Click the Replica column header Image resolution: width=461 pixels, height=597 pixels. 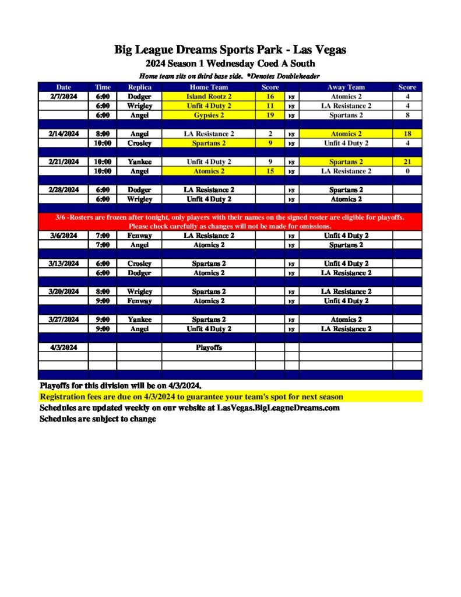[x=139, y=87]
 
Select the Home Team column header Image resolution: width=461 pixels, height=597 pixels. [x=209, y=87]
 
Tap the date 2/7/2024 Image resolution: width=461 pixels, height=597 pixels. [x=63, y=97]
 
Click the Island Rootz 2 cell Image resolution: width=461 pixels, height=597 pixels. [x=209, y=97]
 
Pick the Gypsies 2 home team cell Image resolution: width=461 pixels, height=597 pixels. [x=209, y=115]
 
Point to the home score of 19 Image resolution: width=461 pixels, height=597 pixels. [x=270, y=115]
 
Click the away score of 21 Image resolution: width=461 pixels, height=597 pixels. [x=407, y=162]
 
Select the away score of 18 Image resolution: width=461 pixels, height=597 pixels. [x=407, y=134]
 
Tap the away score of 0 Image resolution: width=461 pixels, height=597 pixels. [x=407, y=171]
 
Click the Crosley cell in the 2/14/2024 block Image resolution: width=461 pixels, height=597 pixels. [x=139, y=143]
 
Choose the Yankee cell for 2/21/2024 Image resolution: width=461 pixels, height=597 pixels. [x=139, y=162]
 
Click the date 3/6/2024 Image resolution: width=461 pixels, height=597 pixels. [x=63, y=236]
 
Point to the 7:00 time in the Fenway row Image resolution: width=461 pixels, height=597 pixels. [x=103, y=236]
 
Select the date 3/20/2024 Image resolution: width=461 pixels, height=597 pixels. [x=63, y=292]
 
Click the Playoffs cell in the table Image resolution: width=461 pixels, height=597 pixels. [x=209, y=347]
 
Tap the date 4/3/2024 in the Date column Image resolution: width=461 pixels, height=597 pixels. [x=63, y=347]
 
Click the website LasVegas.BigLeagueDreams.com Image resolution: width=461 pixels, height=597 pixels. [x=278, y=408]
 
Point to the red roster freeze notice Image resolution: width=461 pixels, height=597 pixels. [x=230, y=222]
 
